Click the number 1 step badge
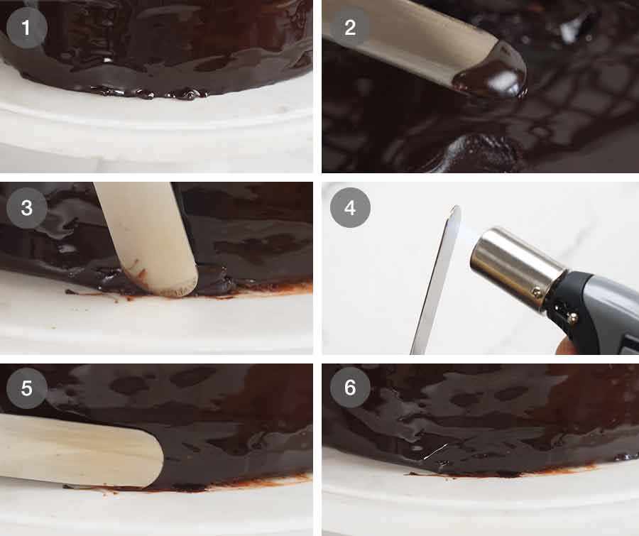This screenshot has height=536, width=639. point(27,28)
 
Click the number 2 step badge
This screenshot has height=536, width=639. point(350,28)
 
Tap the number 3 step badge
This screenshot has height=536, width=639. point(27,208)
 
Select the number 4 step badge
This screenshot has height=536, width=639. point(350,208)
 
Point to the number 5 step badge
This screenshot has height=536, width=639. point(27,389)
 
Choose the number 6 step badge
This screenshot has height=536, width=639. point(350,389)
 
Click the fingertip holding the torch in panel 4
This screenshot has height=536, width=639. point(565,347)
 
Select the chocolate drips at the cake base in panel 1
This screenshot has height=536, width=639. point(156,93)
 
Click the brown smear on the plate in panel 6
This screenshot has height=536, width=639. point(540,470)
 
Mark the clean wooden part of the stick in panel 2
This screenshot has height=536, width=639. point(405,32)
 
